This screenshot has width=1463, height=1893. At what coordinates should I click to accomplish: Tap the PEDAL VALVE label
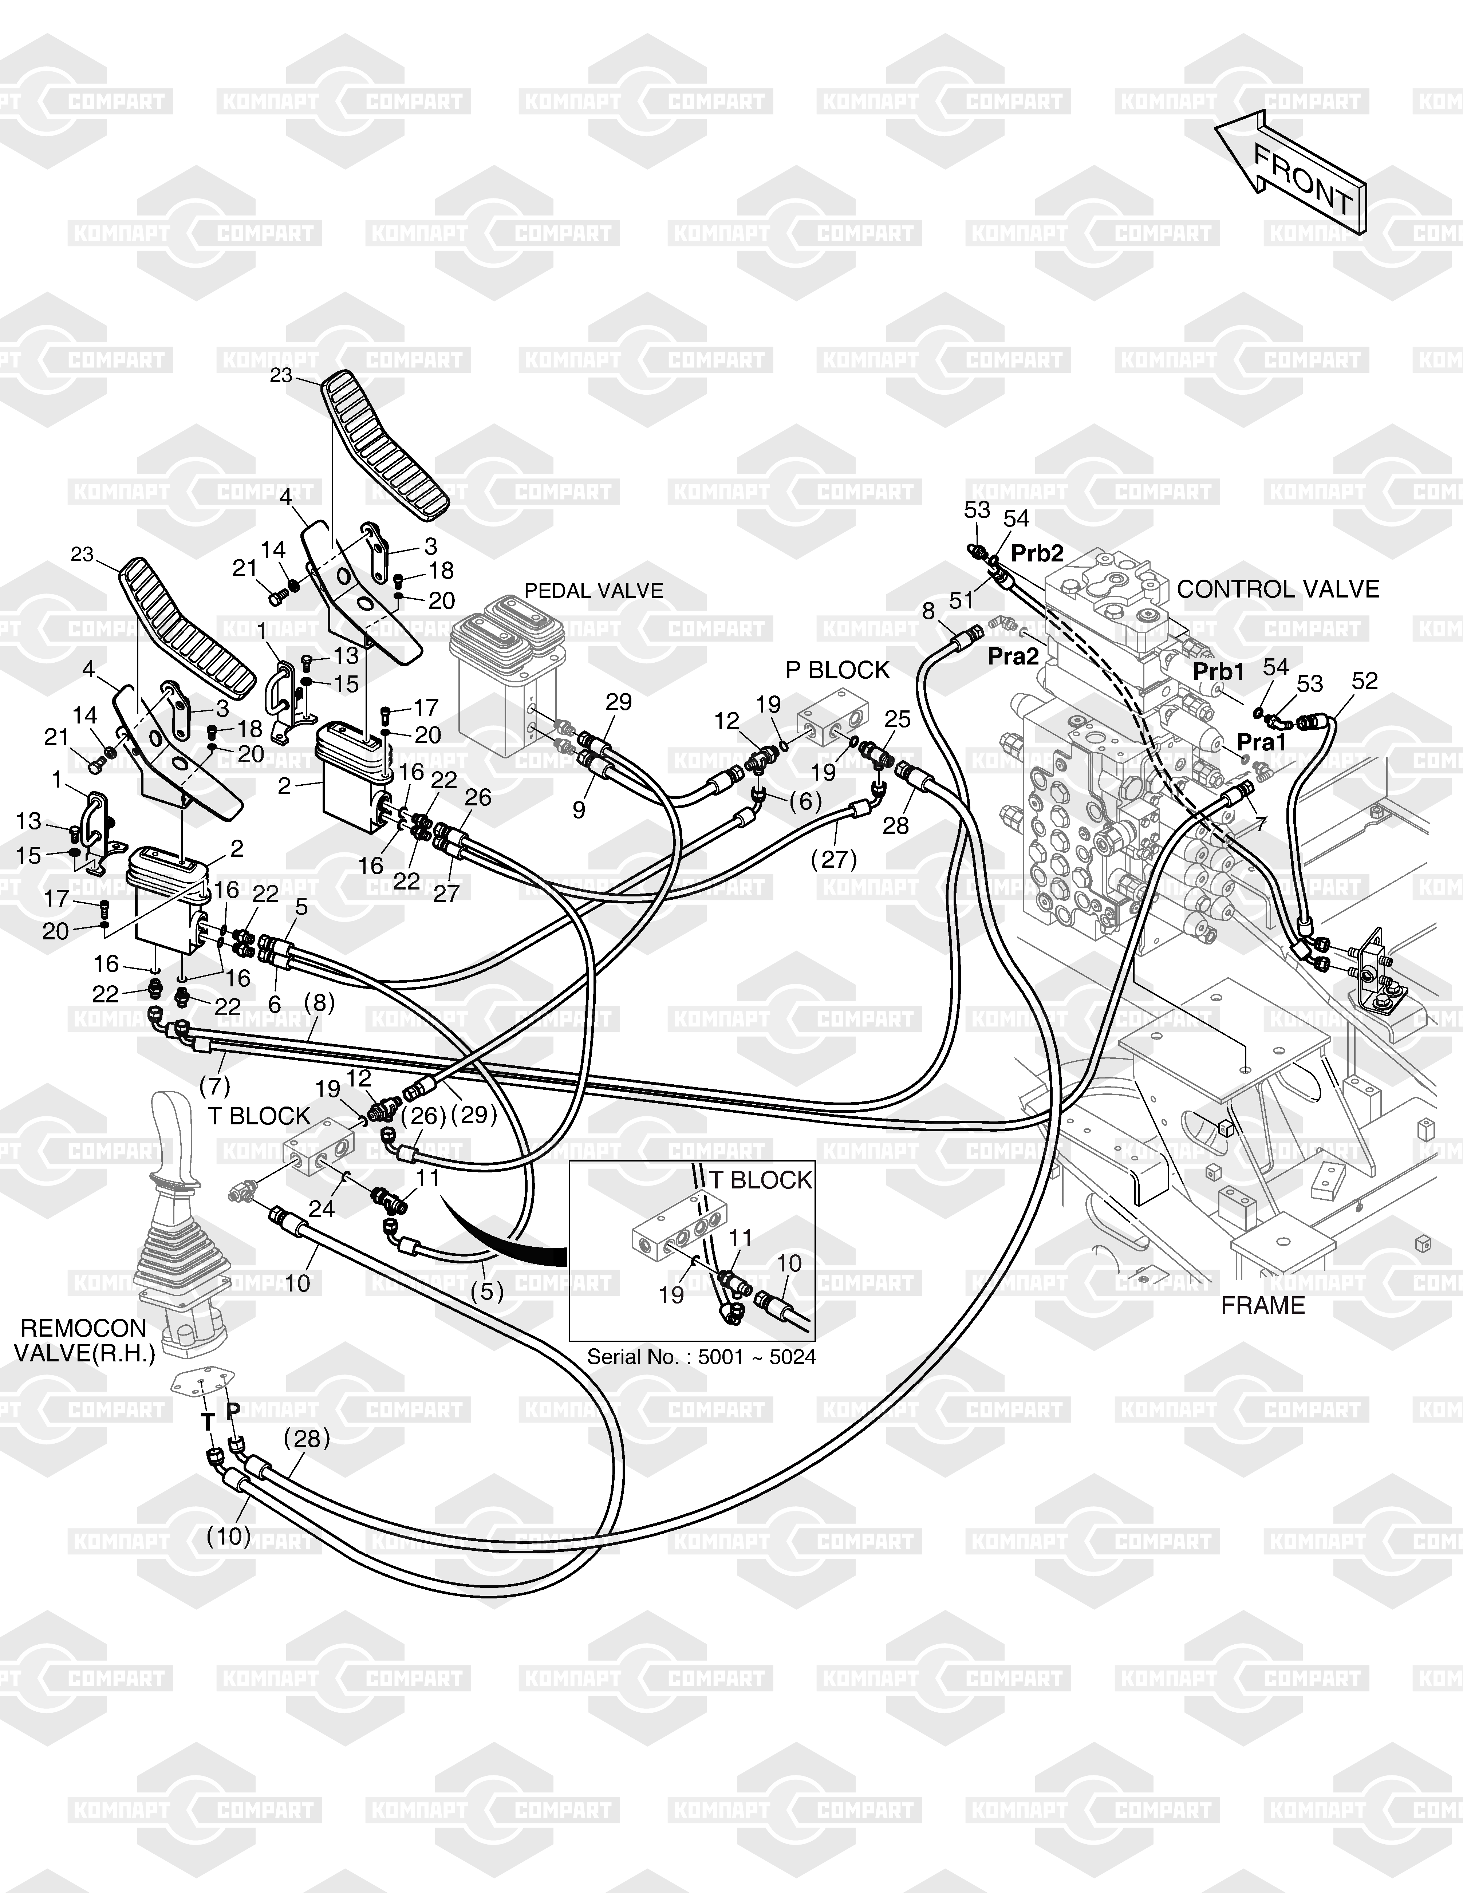coord(594,590)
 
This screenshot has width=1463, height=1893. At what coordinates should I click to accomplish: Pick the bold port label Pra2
coord(1013,657)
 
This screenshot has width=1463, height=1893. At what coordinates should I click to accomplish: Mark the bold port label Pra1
coord(1261,742)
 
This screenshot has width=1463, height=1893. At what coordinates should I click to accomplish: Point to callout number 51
coord(962,601)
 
